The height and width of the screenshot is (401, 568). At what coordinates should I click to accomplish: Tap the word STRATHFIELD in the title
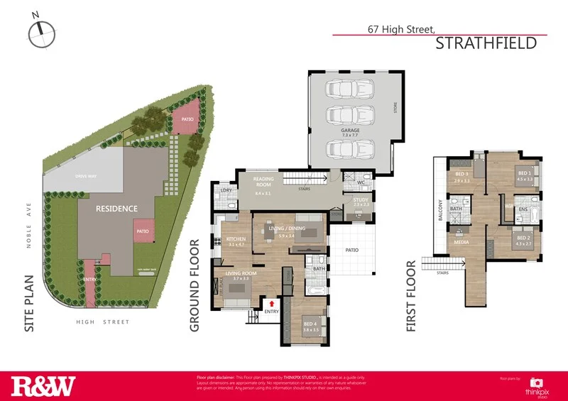485,43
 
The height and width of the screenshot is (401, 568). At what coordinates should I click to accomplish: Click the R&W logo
43,386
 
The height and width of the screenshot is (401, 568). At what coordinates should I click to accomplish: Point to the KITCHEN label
236,239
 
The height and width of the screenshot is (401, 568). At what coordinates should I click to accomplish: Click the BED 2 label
523,238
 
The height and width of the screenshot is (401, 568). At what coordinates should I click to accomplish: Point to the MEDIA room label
461,241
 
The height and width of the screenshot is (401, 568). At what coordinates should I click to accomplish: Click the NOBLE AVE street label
29,226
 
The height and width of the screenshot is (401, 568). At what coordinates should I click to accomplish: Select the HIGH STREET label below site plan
104,322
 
